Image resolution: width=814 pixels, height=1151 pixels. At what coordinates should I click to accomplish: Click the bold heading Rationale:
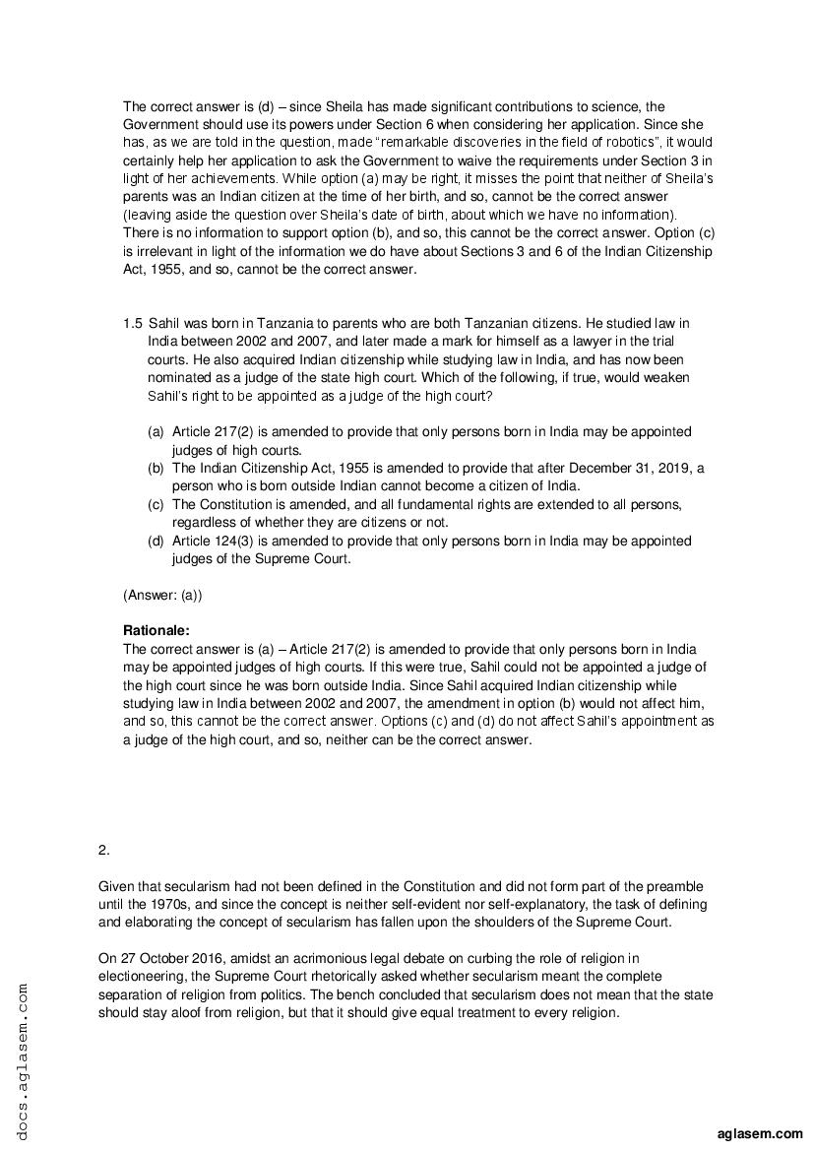point(156,630)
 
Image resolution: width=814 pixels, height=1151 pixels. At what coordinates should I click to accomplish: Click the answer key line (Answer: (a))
point(162,595)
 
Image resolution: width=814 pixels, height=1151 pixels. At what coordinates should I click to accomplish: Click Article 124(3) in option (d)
point(214,541)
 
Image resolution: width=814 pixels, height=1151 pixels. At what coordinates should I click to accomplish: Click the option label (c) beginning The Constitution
point(156,504)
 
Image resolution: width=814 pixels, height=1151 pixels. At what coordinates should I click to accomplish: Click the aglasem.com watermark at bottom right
point(762,1134)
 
